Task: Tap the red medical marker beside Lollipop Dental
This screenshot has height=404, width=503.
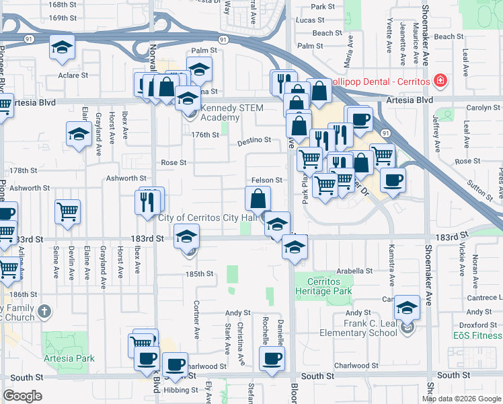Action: (x=440, y=81)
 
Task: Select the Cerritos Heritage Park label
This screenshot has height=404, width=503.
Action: (x=323, y=286)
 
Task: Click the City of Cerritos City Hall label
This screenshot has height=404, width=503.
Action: (x=210, y=217)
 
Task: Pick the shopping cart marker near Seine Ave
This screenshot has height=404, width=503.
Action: (x=67, y=213)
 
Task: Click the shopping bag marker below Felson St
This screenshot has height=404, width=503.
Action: (x=258, y=199)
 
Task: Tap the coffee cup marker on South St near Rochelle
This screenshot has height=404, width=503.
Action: (x=272, y=358)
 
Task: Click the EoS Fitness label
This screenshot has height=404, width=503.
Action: (x=477, y=335)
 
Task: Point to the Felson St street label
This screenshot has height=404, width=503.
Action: (x=266, y=180)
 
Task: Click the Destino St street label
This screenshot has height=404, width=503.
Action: (x=254, y=141)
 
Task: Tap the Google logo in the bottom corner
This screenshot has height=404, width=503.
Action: (x=22, y=397)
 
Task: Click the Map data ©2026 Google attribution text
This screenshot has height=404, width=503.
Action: (x=461, y=399)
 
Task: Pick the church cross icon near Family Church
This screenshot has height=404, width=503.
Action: (x=44, y=311)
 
